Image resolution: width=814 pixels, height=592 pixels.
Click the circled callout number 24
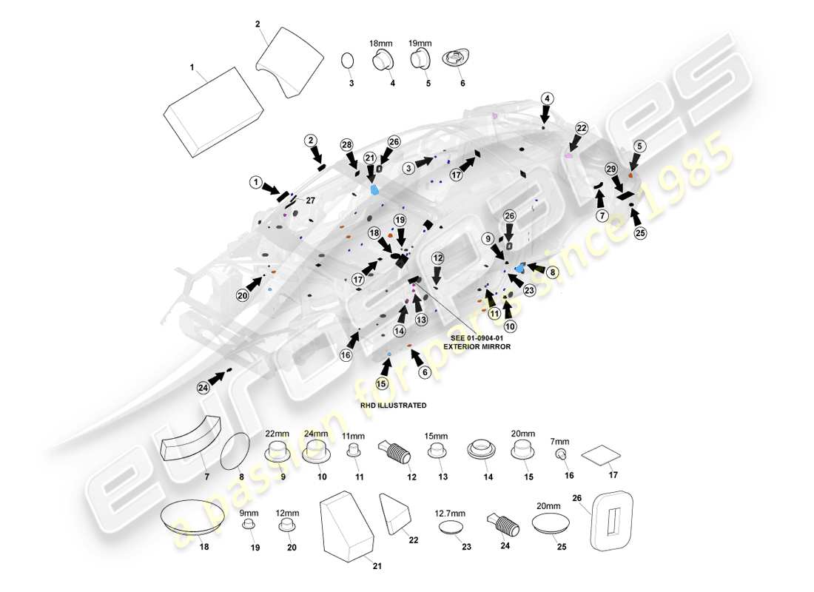[x=203, y=387]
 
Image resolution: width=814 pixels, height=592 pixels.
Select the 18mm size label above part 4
[x=381, y=44]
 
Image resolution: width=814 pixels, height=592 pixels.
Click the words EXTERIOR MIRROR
[x=477, y=346]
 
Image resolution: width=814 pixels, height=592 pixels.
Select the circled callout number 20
[x=243, y=295]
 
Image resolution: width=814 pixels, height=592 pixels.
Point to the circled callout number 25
[x=640, y=233]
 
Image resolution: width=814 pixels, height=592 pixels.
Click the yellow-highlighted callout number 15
[x=382, y=383]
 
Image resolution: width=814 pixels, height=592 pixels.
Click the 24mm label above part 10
[x=316, y=434]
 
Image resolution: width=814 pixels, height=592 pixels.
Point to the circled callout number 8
[x=553, y=272]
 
